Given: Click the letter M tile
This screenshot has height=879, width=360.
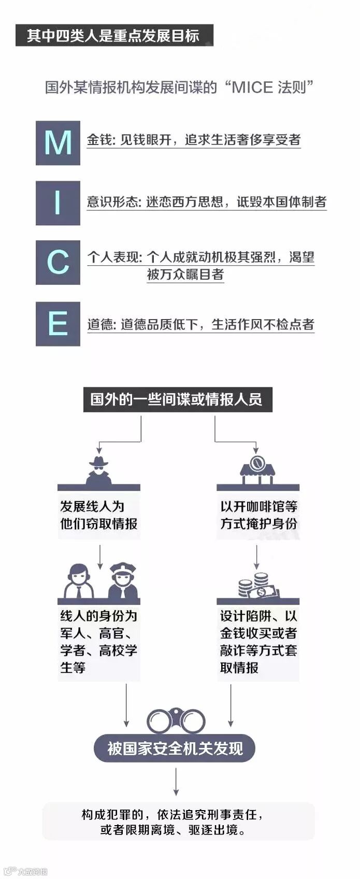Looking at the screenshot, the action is point(57,143).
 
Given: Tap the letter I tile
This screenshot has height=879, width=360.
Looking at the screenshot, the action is point(57,203).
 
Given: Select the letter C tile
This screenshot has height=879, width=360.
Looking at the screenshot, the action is point(57,263).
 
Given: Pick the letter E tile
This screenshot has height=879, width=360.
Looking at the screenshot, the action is point(57,324).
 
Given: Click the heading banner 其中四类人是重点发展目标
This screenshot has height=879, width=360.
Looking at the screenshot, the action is point(114,35).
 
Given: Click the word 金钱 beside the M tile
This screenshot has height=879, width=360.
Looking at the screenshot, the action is point(100,140).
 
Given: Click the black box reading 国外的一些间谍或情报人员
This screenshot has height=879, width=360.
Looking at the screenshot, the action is point(177,399).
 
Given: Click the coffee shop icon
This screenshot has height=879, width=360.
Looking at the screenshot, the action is point(257,468).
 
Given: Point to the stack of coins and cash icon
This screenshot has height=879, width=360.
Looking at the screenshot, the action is point(257,585).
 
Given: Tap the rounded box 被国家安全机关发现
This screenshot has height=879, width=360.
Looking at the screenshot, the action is point(175,748).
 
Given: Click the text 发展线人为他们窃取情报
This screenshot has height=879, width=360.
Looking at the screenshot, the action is point(98,515).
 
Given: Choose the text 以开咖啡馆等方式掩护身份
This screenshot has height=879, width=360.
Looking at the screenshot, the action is point(258,515).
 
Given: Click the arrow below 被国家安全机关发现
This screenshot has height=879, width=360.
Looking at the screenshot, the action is point(176,781).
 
